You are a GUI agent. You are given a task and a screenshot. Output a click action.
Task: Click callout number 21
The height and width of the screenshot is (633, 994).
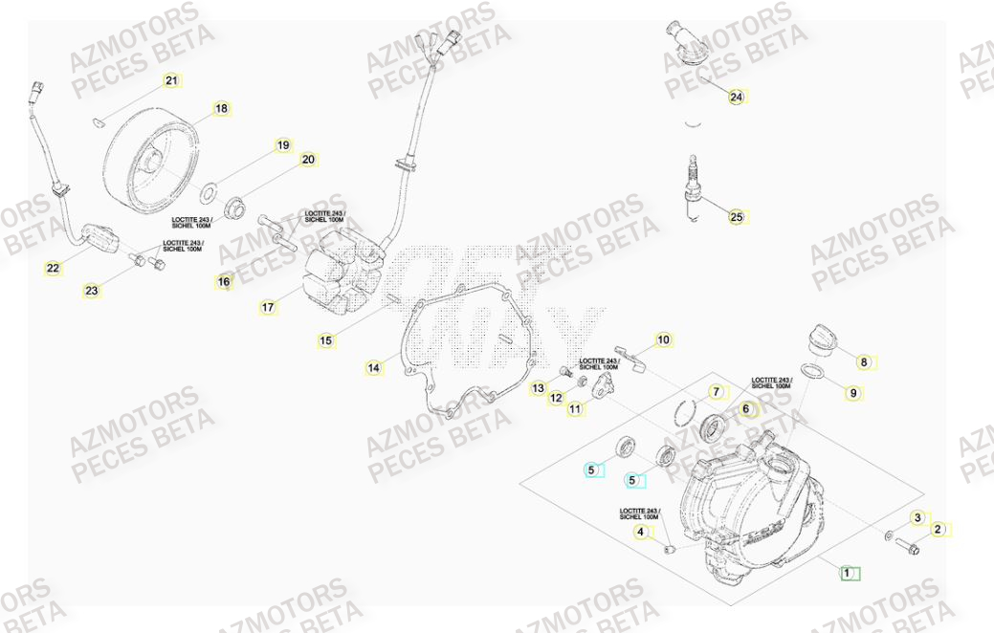click(171, 80)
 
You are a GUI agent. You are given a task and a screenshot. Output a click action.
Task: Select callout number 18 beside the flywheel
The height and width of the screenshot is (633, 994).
click(221, 109)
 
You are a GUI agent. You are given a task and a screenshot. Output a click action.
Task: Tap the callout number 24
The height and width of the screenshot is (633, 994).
click(736, 97)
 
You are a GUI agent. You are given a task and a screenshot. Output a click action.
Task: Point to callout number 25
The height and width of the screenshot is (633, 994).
click(736, 217)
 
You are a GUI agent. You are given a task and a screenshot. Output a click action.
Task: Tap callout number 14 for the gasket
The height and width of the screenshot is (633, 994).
click(373, 367)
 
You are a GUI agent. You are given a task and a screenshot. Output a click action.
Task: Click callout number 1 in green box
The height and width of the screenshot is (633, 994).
click(846, 573)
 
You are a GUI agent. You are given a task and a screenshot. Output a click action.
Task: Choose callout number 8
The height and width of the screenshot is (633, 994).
click(863, 362)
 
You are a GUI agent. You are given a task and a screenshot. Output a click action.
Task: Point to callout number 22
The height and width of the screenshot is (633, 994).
click(53, 269)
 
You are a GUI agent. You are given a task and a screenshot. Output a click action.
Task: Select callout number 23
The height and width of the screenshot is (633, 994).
click(91, 291)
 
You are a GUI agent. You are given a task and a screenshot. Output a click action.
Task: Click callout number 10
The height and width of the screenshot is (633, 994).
click(663, 339)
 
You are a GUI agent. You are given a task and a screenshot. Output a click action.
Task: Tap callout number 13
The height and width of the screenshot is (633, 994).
click(538, 388)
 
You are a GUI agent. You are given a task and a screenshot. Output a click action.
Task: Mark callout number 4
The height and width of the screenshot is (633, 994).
click(641, 532)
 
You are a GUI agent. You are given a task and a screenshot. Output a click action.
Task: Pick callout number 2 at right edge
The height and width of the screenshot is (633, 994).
click(938, 529)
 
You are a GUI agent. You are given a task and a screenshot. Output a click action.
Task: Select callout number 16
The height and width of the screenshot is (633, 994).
click(224, 281)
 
